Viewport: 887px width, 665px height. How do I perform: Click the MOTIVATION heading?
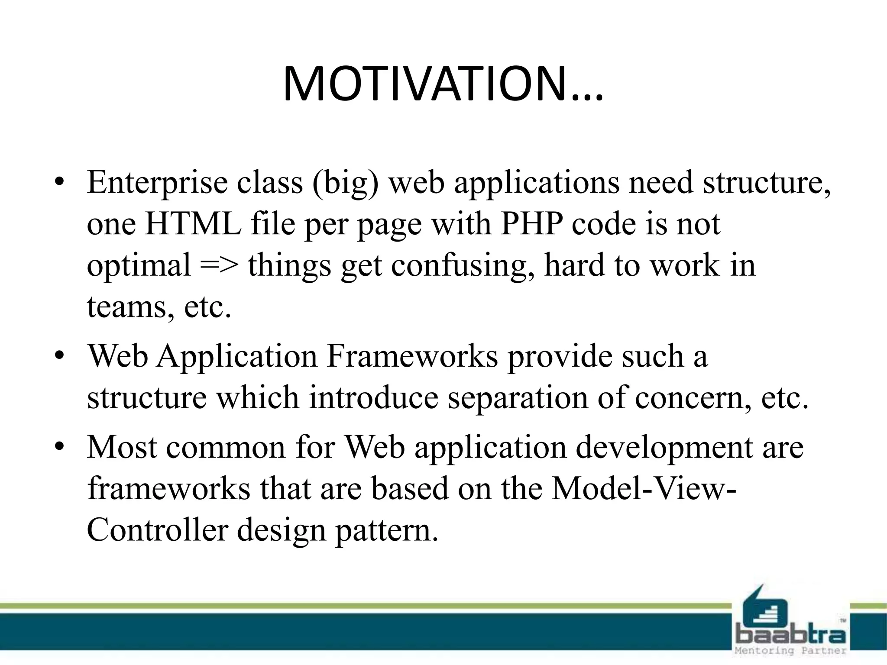tap(443, 84)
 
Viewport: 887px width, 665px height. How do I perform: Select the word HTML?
tap(193, 224)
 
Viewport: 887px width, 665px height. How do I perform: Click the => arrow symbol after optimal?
tap(220, 265)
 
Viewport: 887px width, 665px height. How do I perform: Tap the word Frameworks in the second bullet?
tap(412, 356)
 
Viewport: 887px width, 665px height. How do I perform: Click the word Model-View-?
tap(644, 488)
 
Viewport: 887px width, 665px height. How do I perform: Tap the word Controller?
tap(157, 530)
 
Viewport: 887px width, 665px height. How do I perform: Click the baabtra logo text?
tap(791, 635)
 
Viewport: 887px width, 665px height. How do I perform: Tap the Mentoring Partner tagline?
tap(791, 651)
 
